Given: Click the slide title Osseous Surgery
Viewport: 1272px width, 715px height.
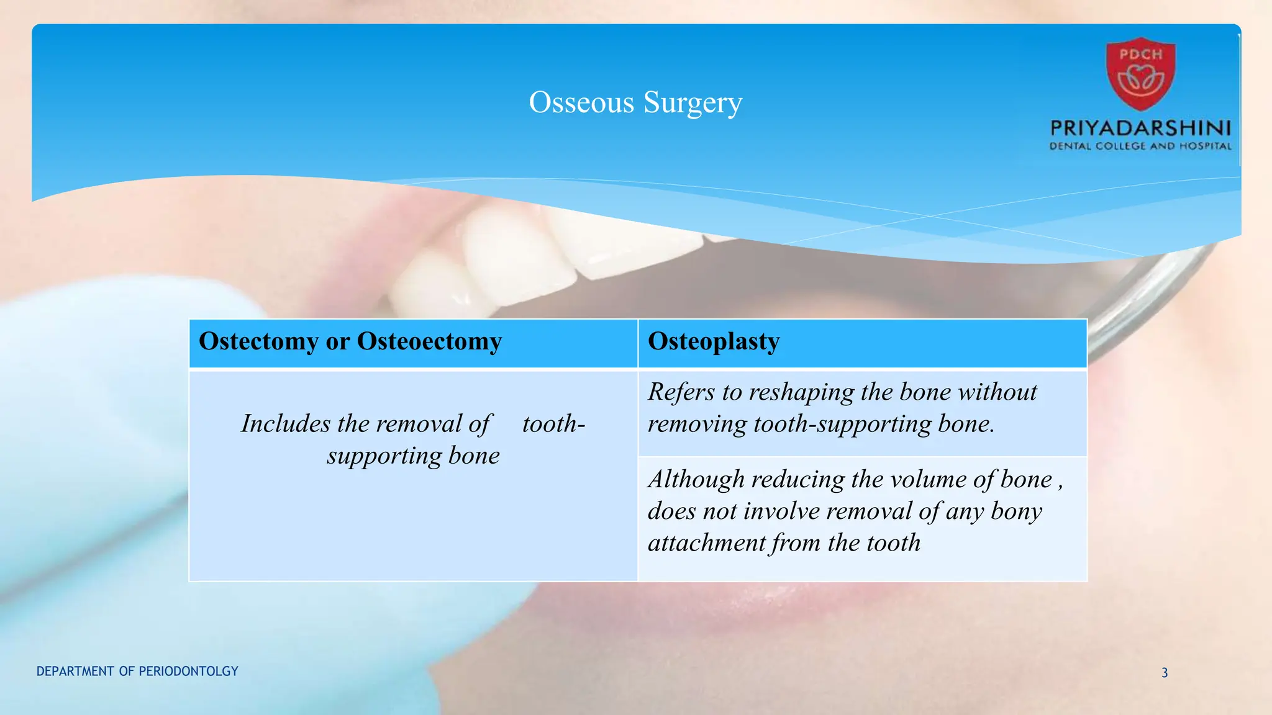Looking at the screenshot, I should pyautogui.click(x=635, y=102).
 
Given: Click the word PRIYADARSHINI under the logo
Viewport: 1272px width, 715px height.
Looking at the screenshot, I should pyautogui.click(x=1140, y=128).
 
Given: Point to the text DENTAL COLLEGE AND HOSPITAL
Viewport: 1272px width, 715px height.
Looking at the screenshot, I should pyautogui.click(x=1140, y=146).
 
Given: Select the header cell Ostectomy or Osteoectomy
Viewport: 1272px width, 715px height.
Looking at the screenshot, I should pyautogui.click(x=350, y=341).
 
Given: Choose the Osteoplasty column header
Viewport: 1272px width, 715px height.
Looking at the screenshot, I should pyautogui.click(x=714, y=341).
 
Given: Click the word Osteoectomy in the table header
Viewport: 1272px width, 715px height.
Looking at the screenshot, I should pyautogui.click(x=429, y=341).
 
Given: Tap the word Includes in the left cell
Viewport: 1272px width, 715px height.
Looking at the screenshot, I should pyautogui.click(x=286, y=424).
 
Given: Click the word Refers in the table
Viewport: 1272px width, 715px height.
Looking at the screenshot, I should pyautogui.click(x=681, y=392).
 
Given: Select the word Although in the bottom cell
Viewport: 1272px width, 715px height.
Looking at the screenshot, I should pyautogui.click(x=696, y=480).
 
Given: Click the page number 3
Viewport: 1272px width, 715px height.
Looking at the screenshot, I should pyautogui.click(x=1165, y=673).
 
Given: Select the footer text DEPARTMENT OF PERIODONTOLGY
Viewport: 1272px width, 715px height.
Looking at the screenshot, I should pyautogui.click(x=137, y=672).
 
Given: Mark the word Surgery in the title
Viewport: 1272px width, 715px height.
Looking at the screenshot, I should pyautogui.click(x=693, y=102).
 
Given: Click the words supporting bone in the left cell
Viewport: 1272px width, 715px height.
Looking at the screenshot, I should pyautogui.click(x=413, y=456).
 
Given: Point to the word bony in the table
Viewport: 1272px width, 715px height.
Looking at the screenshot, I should pyautogui.click(x=1016, y=511).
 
